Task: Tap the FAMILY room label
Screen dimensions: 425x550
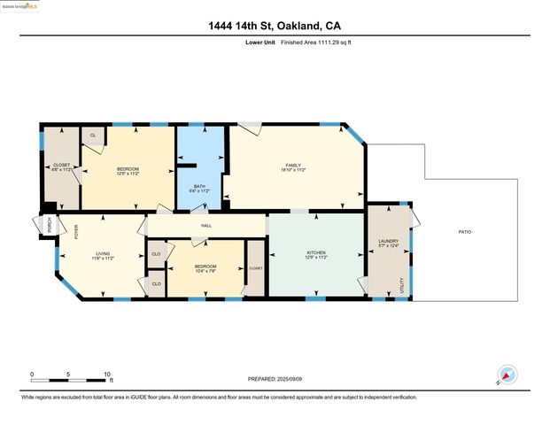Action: tap(293, 165)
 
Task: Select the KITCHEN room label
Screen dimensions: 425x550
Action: tap(316, 253)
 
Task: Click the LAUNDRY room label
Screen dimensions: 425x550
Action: tap(388, 240)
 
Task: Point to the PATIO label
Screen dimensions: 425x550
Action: tap(464, 232)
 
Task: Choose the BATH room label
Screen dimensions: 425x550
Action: tap(199, 186)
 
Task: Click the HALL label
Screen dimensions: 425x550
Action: tap(206, 226)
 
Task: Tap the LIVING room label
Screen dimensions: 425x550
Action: tap(103, 254)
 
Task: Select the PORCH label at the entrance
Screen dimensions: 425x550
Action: tap(48, 227)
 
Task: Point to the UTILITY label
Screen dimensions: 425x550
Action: tap(402, 285)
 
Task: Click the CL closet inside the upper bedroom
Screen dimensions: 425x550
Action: tap(93, 135)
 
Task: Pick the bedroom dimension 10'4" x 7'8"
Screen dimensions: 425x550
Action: tap(205, 271)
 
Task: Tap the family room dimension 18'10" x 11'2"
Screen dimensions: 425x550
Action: tap(293, 170)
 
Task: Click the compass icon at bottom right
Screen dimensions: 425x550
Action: tap(507, 374)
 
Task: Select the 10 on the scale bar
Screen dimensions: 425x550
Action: tap(107, 373)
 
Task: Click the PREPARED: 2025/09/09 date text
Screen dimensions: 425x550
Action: tap(275, 378)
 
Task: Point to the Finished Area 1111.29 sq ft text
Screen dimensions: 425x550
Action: tap(317, 42)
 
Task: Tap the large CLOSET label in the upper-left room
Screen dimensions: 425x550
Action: tap(61, 165)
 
